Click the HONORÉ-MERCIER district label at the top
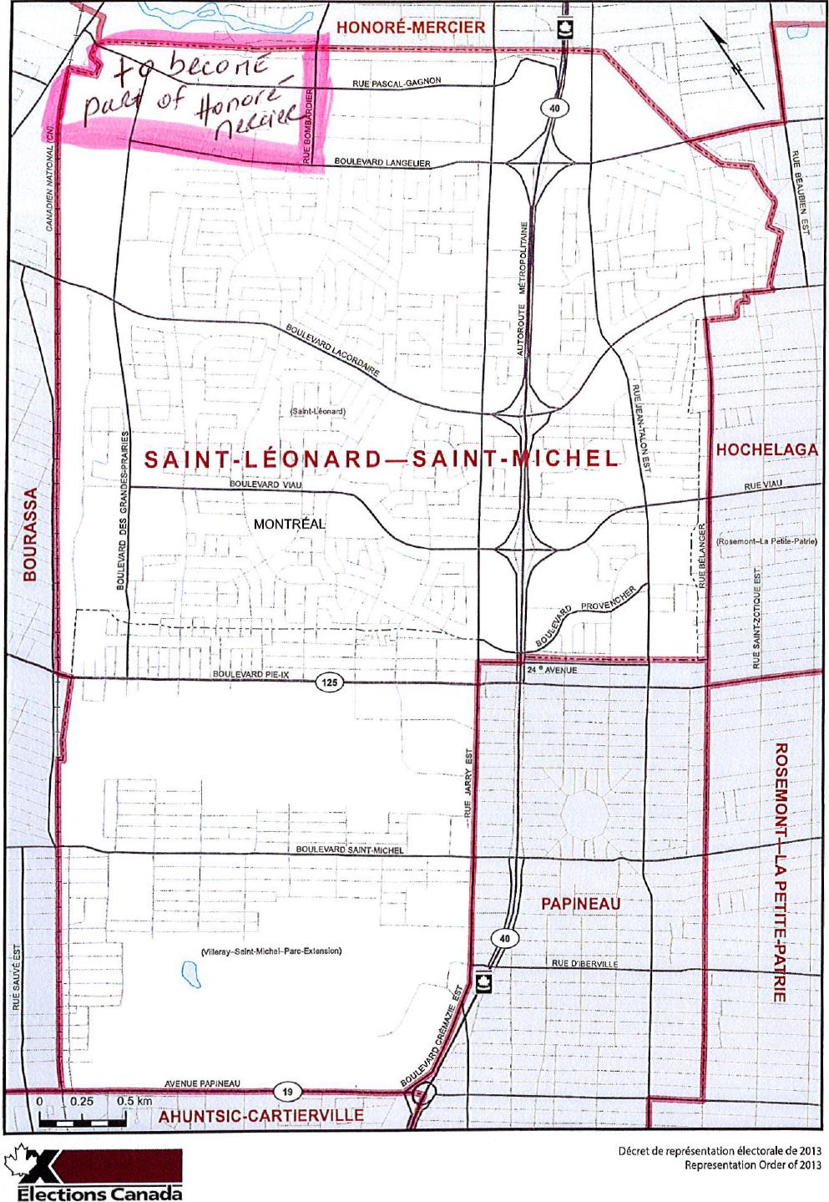[410, 28]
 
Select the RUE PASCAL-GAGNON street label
[397, 82]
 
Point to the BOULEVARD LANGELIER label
[382, 162]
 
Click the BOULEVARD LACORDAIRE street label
[333, 349]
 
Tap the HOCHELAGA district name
[767, 449]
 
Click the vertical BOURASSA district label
[30, 535]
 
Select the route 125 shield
[330, 682]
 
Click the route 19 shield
[286, 1091]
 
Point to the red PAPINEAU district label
[580, 904]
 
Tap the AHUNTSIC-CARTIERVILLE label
[261, 1115]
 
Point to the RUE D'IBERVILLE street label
[584, 963]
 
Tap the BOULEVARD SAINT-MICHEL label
[350, 850]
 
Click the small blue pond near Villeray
[189, 971]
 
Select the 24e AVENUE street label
[552, 670]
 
